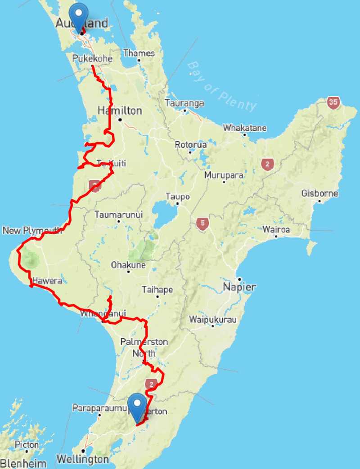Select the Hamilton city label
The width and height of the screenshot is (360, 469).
pos(120,111)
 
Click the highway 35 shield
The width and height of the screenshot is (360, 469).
pos(333,102)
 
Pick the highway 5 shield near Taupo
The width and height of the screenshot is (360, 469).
pos(203,223)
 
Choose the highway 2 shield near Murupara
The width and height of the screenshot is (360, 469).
pos(267,165)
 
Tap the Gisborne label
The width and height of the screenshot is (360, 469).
pos(320,194)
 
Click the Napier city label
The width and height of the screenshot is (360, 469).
pos(240,287)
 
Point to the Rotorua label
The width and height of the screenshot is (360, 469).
pos(190,145)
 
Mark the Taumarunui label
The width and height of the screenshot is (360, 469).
pos(118,215)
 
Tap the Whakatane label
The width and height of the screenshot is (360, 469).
pos(245,128)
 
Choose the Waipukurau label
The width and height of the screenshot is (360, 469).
pos(212,320)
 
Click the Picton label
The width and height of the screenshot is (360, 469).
pos(27,445)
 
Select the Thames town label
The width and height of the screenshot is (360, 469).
pos(139,53)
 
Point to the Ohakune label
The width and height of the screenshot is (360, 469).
pos(128,265)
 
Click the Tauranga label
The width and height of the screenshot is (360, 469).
pos(184,103)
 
